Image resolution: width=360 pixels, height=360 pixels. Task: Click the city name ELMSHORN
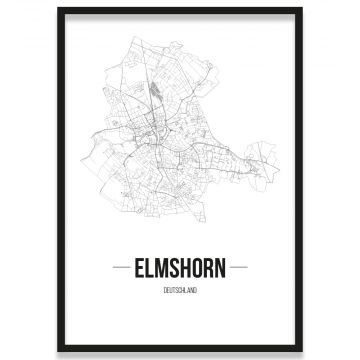pos(180,267)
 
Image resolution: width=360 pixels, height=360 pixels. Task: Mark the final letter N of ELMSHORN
pos(223,267)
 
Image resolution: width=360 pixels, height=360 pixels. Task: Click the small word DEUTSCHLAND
pos(180,286)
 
